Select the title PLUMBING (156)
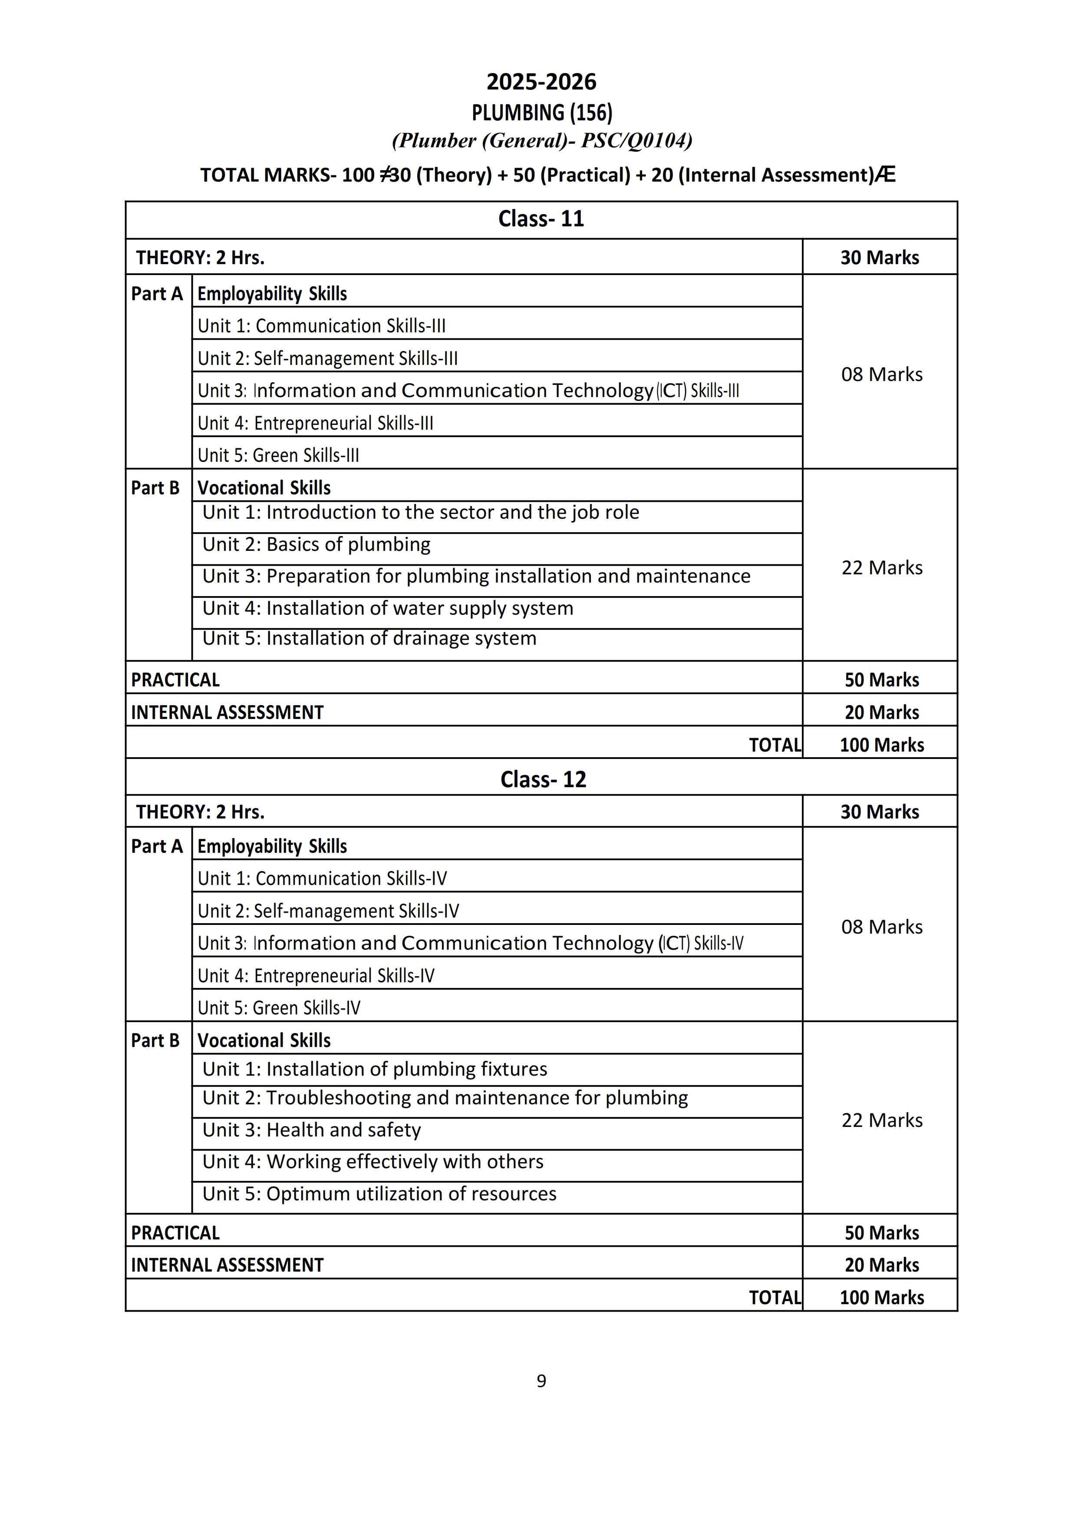pos(542,113)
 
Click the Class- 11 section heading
pos(541,219)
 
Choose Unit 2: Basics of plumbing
pos(316,544)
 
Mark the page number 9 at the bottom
pos(541,1381)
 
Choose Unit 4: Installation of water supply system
pos(388,608)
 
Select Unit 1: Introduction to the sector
pos(420,512)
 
